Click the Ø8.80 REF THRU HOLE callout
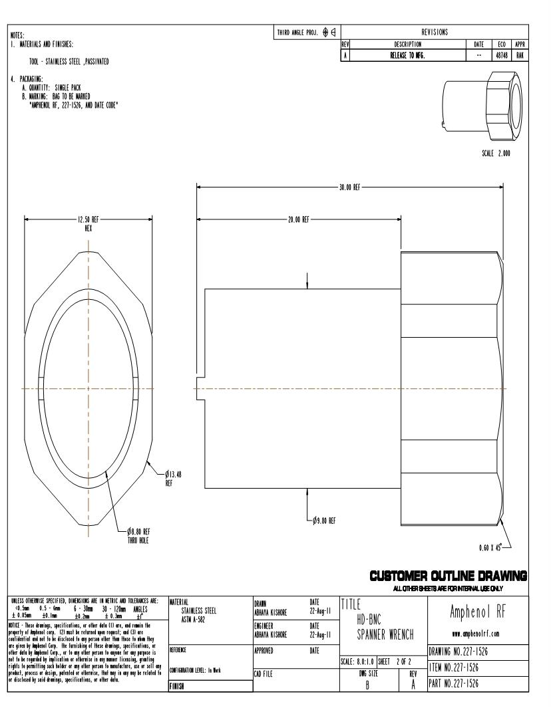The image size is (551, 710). (x=138, y=534)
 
